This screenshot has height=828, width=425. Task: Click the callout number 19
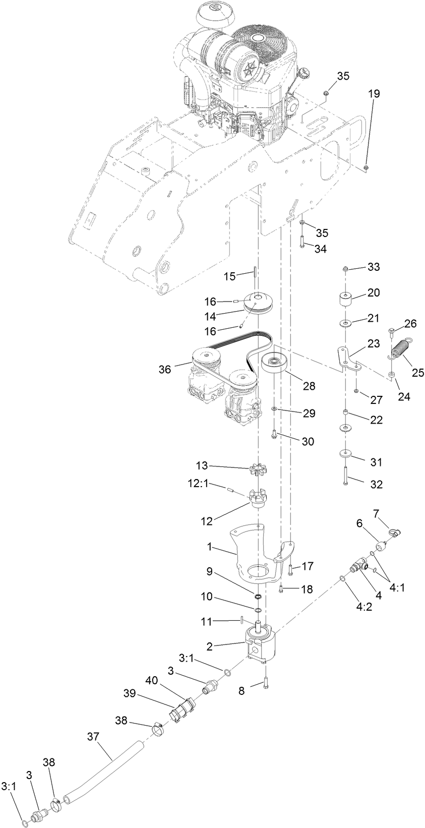click(x=374, y=93)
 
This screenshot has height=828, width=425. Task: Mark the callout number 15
click(x=229, y=276)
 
